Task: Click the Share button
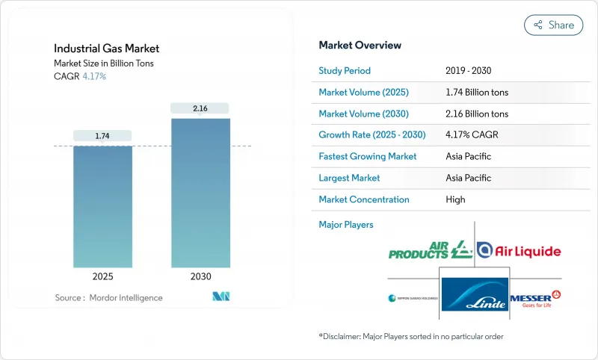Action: pyautogui.click(x=553, y=25)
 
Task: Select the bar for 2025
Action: pyautogui.click(x=102, y=206)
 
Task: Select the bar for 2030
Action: pyautogui.click(x=200, y=192)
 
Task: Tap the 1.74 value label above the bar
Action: pyautogui.click(x=102, y=135)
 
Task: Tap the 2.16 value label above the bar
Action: pyautogui.click(x=200, y=108)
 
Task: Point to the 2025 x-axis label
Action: pyautogui.click(x=102, y=276)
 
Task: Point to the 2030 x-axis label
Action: pyautogui.click(x=200, y=276)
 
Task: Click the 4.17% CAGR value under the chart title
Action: pyautogui.click(x=93, y=76)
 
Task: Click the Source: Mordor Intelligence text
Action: pyautogui.click(x=108, y=297)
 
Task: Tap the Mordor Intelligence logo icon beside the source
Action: pyautogui.click(x=221, y=297)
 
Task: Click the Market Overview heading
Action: pyautogui.click(x=360, y=45)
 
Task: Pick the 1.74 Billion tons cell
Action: pyautogui.click(x=476, y=92)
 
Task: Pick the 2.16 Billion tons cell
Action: pyautogui.click(x=476, y=114)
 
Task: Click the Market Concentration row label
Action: pyautogui.click(x=363, y=199)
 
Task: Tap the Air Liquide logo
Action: pyautogui.click(x=519, y=251)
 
